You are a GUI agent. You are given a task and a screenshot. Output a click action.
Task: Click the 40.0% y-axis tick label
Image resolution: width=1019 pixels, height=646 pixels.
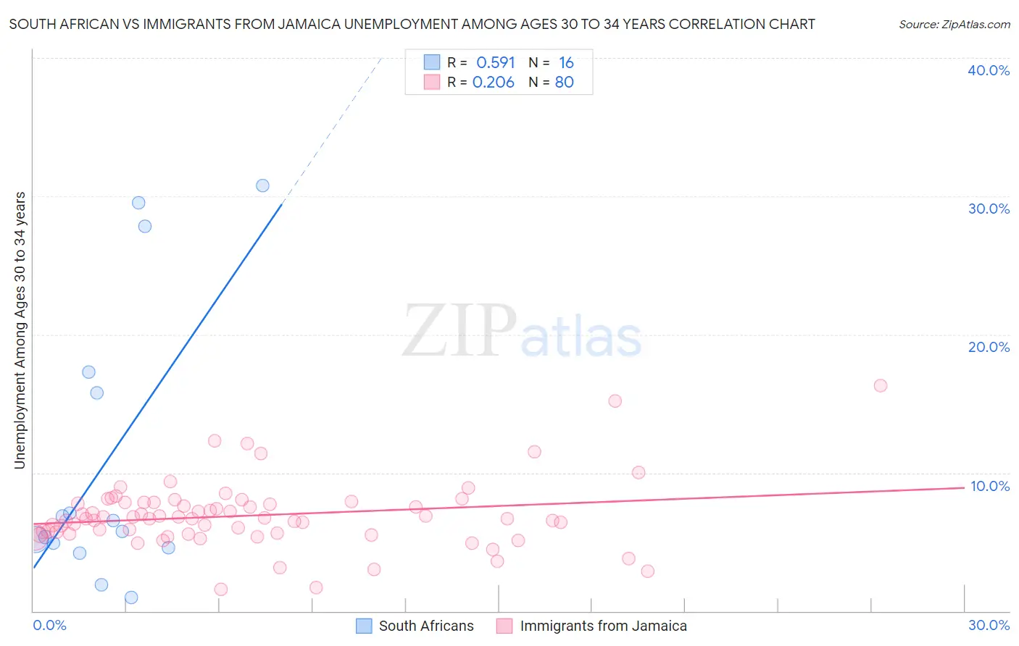[x=988, y=70]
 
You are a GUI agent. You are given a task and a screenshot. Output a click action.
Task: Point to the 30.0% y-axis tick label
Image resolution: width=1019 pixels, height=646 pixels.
[x=988, y=209]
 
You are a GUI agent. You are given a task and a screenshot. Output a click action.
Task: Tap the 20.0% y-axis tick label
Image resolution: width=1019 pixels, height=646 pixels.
[x=988, y=347]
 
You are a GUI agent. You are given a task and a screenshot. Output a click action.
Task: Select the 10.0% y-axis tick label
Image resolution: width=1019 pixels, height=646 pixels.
[x=989, y=486]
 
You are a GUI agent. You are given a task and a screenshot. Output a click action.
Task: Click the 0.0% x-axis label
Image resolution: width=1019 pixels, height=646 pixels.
[x=49, y=625]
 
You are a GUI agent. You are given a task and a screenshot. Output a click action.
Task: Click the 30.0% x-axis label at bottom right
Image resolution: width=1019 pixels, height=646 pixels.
[x=989, y=625]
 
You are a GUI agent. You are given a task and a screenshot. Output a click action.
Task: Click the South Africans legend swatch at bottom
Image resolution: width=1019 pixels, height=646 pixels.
[x=364, y=626]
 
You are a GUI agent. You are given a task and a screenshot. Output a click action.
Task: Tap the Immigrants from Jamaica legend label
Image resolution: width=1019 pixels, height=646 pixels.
[x=603, y=626]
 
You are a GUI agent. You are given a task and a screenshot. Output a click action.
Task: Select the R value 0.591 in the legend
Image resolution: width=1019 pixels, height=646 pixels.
[x=496, y=63]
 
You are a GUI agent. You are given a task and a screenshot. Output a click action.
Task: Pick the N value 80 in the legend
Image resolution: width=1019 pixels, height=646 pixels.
[x=564, y=83]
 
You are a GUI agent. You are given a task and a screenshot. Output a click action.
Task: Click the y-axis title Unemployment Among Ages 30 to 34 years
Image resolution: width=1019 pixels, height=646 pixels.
[x=20, y=330]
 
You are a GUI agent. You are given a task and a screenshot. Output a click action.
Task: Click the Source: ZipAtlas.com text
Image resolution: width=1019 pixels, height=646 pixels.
[x=954, y=25]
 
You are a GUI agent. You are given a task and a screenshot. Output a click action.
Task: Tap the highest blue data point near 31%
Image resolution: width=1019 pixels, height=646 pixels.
[x=262, y=185]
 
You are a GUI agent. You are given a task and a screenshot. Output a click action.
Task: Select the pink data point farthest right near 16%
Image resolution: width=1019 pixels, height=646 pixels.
[x=881, y=385]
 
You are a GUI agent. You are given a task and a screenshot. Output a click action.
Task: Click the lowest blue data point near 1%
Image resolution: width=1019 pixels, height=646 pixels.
[x=131, y=597]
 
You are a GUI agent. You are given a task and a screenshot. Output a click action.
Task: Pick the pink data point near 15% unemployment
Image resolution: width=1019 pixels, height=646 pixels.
[x=615, y=400]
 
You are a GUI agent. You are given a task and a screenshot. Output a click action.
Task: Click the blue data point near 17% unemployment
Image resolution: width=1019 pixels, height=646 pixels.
[x=88, y=372]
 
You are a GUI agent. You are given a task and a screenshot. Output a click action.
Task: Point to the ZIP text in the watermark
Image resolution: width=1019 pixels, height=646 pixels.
[x=459, y=331]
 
